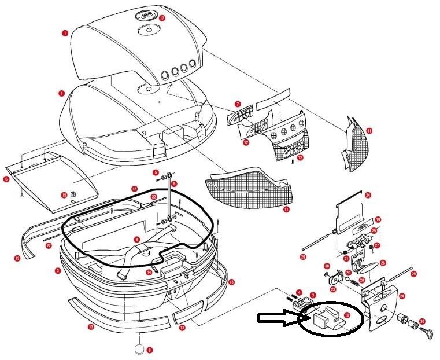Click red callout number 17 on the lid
(162, 19)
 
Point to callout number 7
(237, 105)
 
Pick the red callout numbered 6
(6, 179)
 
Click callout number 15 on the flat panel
(65, 195)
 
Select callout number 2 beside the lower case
(58, 270)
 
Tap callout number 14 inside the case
(149, 273)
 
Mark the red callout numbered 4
(299, 293)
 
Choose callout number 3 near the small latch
(313, 295)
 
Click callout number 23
(333, 289)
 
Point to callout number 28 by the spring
(361, 281)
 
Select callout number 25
(374, 231)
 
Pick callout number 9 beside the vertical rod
(173, 183)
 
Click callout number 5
(156, 172)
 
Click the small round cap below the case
(139, 349)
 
